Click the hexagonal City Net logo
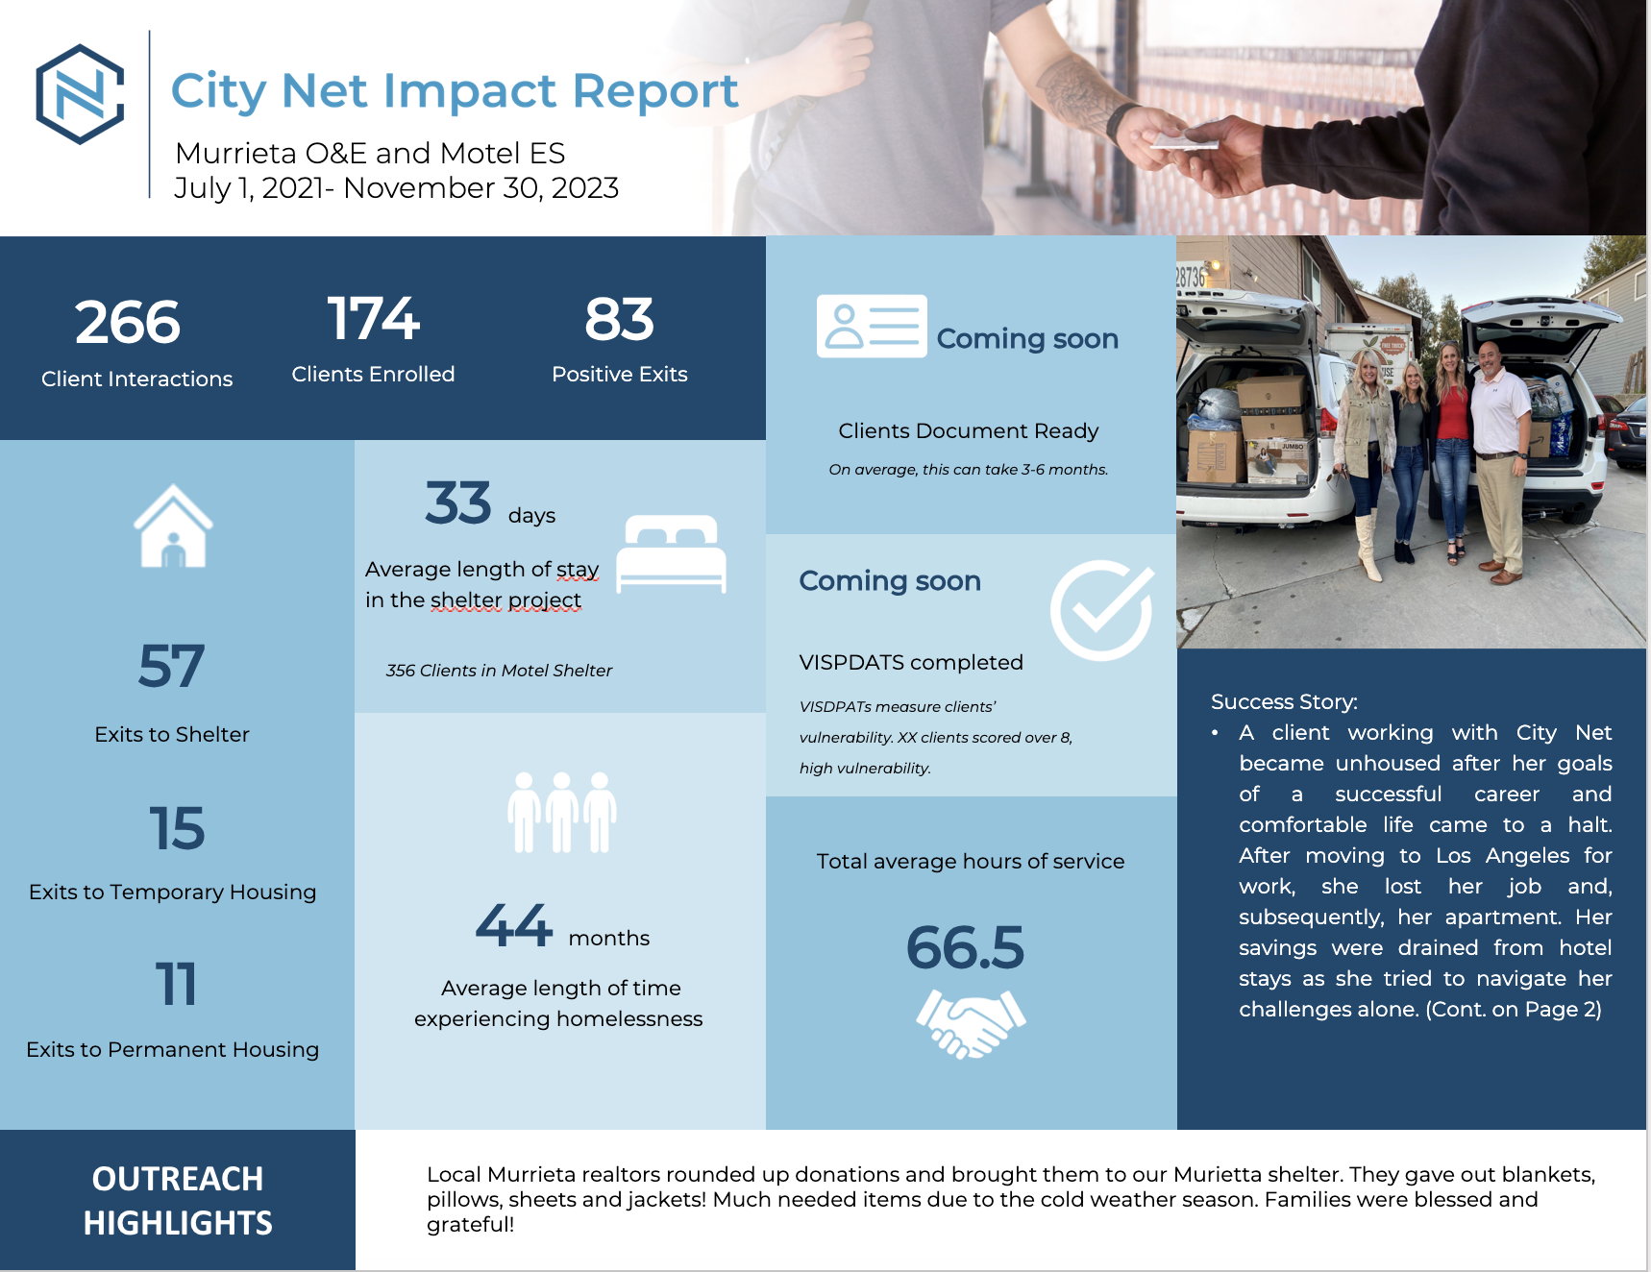[x=80, y=94]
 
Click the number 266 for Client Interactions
[x=128, y=322]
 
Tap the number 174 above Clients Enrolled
[x=373, y=319]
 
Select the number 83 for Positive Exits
[x=619, y=320]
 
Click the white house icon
[x=173, y=526]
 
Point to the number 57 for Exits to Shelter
[x=171, y=666]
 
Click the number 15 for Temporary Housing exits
[x=177, y=828]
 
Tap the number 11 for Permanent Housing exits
[x=176, y=985]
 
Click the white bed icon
[x=671, y=554]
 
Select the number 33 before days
[x=458, y=503]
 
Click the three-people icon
[x=562, y=813]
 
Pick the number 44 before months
[x=514, y=926]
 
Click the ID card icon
[x=872, y=327]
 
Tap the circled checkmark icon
[x=1101, y=610]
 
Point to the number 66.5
[x=965, y=948]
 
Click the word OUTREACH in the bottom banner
[x=178, y=1179]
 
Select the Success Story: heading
[x=1284, y=701]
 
